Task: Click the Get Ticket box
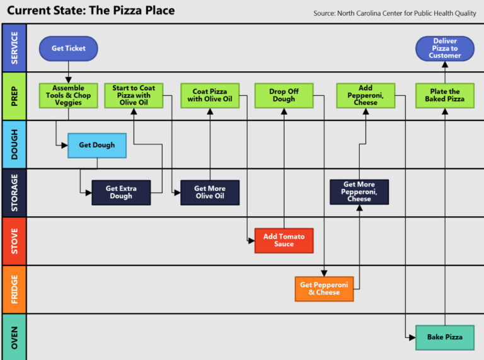coord(67,49)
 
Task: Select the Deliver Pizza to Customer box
coord(445,49)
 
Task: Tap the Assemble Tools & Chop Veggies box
coord(68,95)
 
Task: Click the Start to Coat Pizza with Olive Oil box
coord(134,95)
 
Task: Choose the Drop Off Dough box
coord(284,95)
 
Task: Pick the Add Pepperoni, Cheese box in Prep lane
coord(366,95)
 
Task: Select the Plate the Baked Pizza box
coord(444,95)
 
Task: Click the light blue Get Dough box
coord(97,145)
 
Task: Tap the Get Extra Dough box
coord(121,192)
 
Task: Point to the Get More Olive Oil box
coord(210,192)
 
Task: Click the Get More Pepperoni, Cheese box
coord(359,192)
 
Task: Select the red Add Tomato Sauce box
coord(284,240)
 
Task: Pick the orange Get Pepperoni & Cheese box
coord(324,289)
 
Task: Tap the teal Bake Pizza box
coord(444,337)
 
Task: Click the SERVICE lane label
coord(14,48)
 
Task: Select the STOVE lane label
coord(14,241)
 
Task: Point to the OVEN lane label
coord(14,337)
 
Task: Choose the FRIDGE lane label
coord(14,289)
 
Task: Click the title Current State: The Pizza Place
coord(91,11)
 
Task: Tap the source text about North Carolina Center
coord(395,13)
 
